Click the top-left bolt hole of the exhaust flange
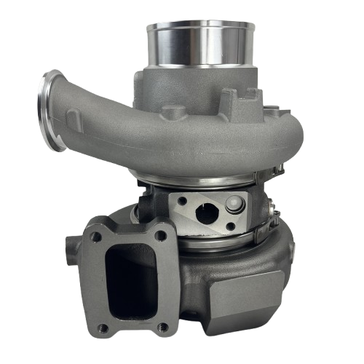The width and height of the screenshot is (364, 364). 95,235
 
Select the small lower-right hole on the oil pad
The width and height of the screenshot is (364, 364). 231,227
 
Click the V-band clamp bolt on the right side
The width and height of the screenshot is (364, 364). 274,211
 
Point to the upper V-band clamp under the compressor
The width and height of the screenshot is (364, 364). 211,178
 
